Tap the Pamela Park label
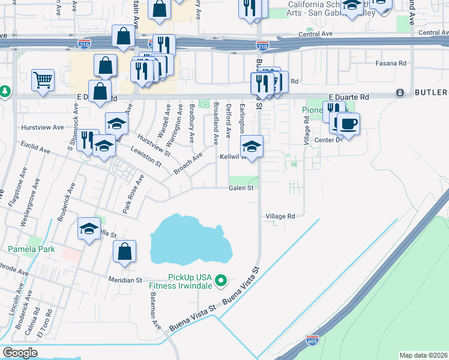31,248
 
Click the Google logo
20,352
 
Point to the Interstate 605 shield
312,340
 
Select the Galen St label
241,188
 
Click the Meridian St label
125,280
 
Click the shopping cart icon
43,79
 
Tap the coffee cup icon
348,123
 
